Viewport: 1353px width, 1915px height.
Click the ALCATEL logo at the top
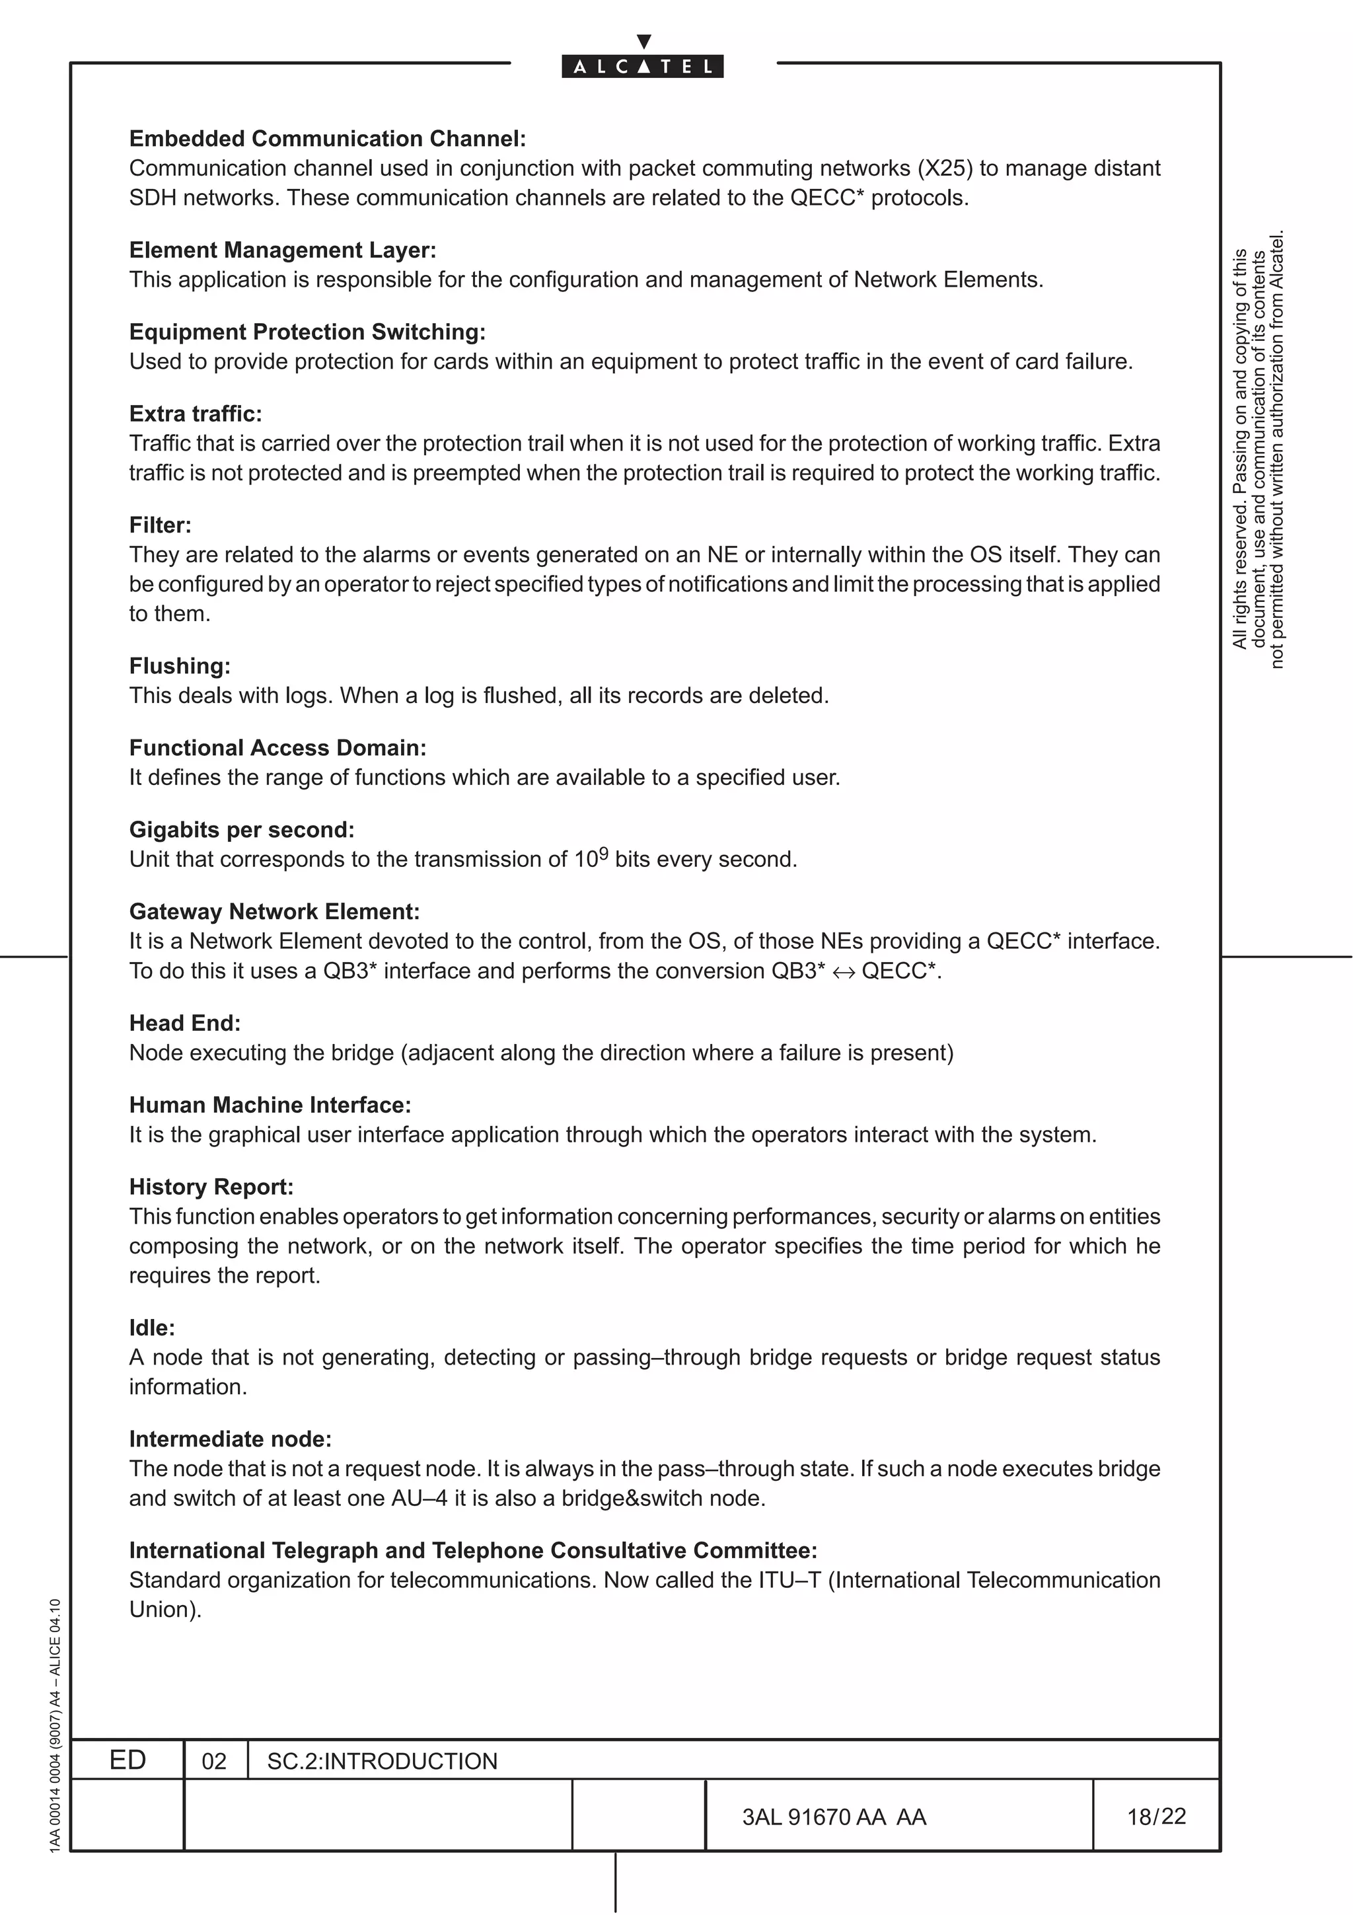(643, 66)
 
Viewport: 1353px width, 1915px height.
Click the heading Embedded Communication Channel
(327, 139)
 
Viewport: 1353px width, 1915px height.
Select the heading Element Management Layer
(283, 250)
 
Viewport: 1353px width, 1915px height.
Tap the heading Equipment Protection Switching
(307, 332)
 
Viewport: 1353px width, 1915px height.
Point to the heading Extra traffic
(195, 414)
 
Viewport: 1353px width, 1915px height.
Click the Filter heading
(160, 525)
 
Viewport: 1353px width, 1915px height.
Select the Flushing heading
(179, 666)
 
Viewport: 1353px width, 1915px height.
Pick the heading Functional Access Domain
(277, 748)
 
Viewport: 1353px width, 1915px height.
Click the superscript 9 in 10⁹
(604, 853)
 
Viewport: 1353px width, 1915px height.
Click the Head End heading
(184, 1024)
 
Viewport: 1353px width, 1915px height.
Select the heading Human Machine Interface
(270, 1105)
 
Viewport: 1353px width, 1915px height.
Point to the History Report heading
(211, 1187)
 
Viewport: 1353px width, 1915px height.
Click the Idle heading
(152, 1328)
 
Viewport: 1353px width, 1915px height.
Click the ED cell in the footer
(128, 1760)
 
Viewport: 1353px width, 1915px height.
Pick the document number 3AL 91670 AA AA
(834, 1817)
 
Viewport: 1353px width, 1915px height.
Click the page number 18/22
(1156, 1817)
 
